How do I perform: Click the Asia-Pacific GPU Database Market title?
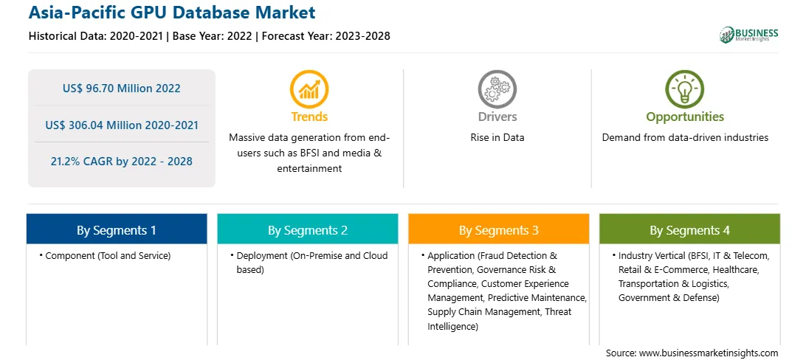(x=172, y=13)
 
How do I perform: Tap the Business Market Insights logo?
(x=749, y=35)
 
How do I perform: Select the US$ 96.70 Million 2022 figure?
(x=122, y=89)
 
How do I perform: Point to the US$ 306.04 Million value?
(x=122, y=125)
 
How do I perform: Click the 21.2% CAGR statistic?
(x=122, y=162)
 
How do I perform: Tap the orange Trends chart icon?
(x=309, y=89)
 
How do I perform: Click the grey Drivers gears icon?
(x=497, y=89)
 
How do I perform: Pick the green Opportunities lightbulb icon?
(x=685, y=89)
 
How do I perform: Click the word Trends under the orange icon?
(x=309, y=117)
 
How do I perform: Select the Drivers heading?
(x=497, y=117)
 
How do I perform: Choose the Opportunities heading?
(x=685, y=117)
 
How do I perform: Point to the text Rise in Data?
(x=497, y=138)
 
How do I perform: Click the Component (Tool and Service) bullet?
(x=104, y=256)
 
